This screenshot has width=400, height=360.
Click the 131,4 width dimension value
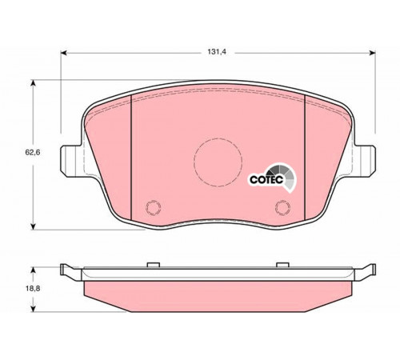click(x=217, y=52)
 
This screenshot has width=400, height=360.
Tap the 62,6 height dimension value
click(x=33, y=153)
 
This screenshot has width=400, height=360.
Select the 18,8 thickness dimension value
click(x=33, y=288)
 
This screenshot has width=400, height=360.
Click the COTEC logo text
click(x=266, y=179)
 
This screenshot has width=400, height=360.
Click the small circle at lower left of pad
click(x=154, y=207)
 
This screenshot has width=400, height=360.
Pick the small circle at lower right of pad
click(x=282, y=207)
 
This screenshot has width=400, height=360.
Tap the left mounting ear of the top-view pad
click(x=70, y=161)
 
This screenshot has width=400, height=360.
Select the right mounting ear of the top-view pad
click(x=365, y=161)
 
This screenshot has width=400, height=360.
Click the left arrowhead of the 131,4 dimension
click(x=63, y=53)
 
